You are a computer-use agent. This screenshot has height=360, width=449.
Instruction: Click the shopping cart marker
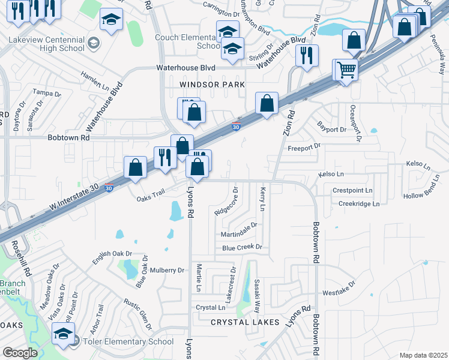[346, 70]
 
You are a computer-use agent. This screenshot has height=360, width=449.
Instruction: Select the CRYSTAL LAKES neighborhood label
[245, 322]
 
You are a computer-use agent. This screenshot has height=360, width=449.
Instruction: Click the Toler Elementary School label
[127, 341]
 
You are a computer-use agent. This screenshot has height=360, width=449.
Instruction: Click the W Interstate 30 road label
[74, 199]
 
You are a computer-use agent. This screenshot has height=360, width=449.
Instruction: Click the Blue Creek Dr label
[243, 247]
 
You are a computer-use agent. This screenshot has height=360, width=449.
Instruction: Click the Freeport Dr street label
[304, 146]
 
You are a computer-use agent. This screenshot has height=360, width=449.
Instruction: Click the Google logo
[20, 352]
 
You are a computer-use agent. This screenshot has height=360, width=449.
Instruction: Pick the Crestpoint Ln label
[352, 191]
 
